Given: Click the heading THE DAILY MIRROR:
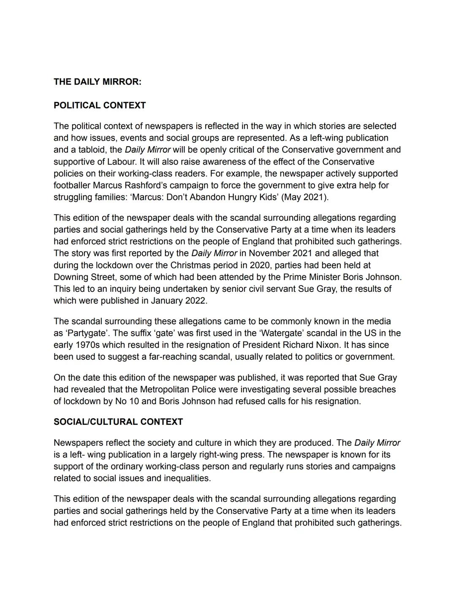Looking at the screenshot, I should tap(97, 82).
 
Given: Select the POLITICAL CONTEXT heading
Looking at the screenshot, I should tap(100, 106).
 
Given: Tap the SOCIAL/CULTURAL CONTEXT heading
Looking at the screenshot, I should tap(118, 422).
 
